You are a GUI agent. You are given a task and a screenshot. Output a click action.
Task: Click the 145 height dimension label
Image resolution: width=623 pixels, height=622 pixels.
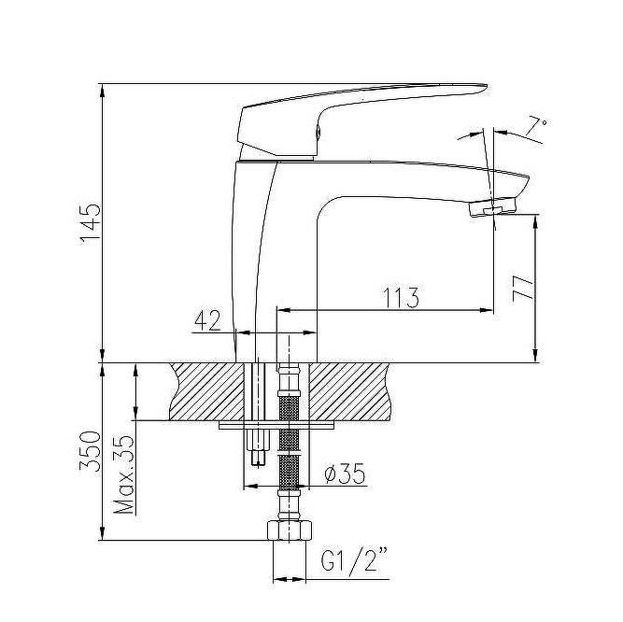point(91,224)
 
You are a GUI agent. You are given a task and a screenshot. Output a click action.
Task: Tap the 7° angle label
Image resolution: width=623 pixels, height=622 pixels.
point(537,127)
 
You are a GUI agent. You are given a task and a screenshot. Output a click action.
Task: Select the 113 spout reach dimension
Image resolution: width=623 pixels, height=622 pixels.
point(401,297)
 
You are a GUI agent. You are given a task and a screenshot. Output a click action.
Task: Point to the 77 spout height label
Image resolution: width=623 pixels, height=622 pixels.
point(522,289)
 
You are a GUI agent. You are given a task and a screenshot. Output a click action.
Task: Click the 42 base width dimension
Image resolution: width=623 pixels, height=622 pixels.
point(207,320)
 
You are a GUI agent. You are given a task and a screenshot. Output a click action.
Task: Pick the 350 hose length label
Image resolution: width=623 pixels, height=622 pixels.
point(90,450)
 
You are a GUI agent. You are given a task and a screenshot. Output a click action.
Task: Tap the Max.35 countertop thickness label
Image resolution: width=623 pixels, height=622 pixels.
point(123,475)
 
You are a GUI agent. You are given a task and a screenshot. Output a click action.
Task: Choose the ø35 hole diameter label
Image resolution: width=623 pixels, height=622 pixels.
point(345,474)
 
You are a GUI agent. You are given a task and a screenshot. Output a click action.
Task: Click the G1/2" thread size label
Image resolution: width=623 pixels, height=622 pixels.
point(354,559)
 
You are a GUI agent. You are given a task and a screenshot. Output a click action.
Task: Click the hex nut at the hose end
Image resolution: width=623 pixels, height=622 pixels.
point(290,530)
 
